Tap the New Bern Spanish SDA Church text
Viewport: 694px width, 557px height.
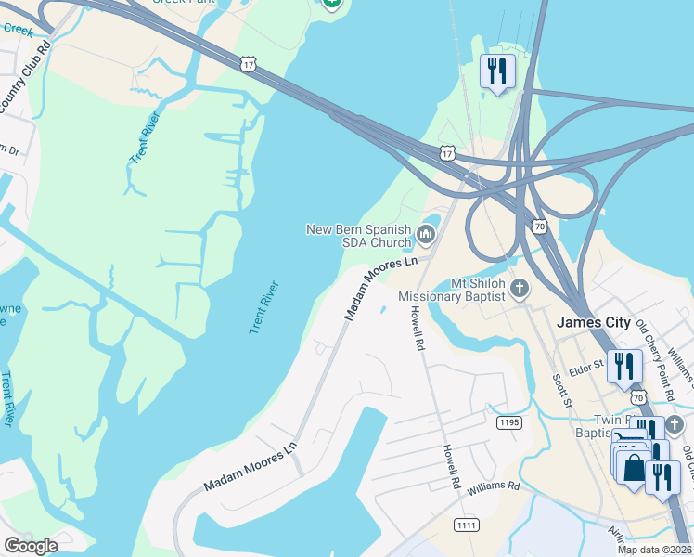coord(359,236)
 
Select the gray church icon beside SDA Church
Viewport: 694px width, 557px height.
coord(426,233)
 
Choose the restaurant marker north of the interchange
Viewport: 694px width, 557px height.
coord(497,71)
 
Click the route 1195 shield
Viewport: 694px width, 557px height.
coord(508,422)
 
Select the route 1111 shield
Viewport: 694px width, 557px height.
coord(466,525)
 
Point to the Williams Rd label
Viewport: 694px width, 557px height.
coord(494,486)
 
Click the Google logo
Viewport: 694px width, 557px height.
coord(31,546)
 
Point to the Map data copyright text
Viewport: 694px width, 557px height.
coord(654,550)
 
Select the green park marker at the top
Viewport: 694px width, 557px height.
coord(332,3)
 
